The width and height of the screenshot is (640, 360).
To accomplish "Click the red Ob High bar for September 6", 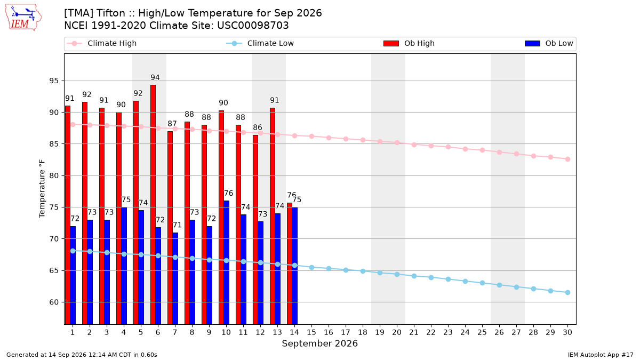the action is click(153, 205).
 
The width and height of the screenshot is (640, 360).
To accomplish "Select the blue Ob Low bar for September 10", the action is click(226, 262).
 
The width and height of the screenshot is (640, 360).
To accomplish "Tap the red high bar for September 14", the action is click(290, 263).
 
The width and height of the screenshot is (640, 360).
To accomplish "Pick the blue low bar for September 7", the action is click(175, 278).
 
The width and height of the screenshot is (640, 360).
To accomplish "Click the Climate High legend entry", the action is click(102, 43).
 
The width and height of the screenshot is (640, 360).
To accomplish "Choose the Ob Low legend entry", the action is click(549, 43).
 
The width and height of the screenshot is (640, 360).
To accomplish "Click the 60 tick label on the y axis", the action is click(54, 302).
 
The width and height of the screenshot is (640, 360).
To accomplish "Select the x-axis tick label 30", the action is click(567, 332).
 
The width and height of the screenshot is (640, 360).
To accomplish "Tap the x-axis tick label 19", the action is click(380, 332).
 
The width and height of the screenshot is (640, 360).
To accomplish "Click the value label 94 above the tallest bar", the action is click(155, 77).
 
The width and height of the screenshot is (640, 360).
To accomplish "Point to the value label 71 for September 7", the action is click(177, 225).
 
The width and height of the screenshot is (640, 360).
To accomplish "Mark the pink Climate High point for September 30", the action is click(567, 159).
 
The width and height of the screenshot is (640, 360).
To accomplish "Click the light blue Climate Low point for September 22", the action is click(431, 277).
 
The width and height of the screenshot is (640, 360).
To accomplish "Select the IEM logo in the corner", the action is click(23, 18).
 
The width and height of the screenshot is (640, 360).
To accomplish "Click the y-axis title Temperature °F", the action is click(42, 189).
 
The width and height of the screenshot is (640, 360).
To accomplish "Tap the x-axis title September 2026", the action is click(319, 343).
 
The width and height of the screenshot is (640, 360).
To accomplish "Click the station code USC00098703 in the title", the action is click(253, 26).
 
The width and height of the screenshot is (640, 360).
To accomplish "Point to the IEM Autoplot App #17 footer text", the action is click(601, 355).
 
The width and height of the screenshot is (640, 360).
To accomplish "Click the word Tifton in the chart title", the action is click(111, 13).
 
